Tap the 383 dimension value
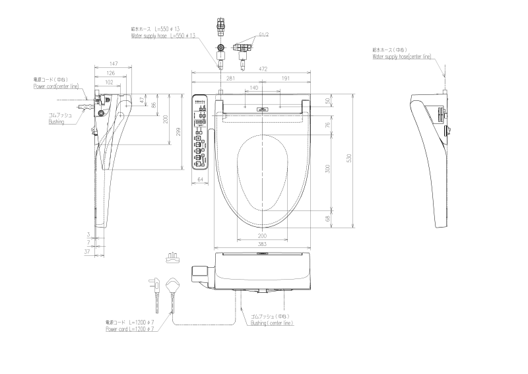click(262, 244)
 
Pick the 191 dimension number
click(286, 78)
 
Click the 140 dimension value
click(254, 88)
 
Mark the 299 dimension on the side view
click(178, 132)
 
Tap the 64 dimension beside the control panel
click(201, 179)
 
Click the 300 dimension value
click(328, 169)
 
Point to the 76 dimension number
click(328, 125)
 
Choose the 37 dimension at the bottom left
click(86, 251)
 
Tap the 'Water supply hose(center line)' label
click(402, 57)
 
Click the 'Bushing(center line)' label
click(272, 323)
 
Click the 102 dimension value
click(109, 82)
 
